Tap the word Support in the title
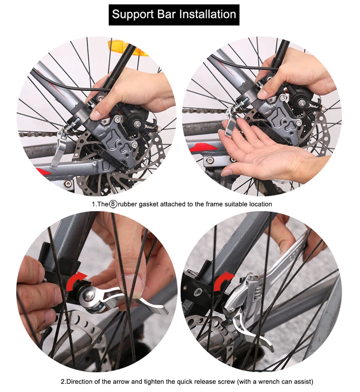(x=133, y=15)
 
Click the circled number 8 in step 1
(x=113, y=204)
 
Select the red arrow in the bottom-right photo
(x=223, y=281)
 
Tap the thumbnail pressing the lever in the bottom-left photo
(x=139, y=284)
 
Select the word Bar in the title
(x=167, y=14)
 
